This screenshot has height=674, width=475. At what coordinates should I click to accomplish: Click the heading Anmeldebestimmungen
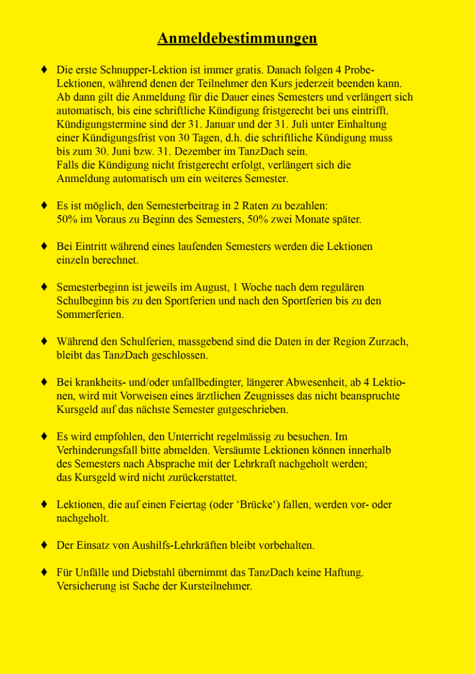tap(237, 38)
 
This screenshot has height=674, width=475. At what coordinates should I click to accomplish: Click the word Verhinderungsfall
tap(96, 451)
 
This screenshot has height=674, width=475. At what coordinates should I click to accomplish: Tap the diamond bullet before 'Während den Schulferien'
tap(44, 341)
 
